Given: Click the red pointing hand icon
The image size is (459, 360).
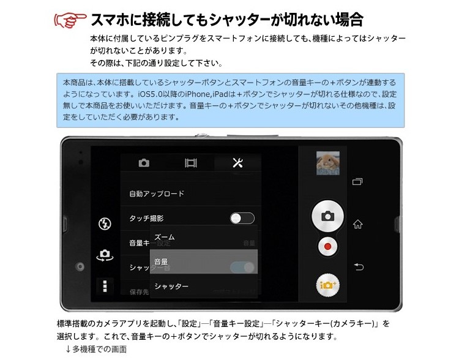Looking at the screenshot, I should tap(70, 20).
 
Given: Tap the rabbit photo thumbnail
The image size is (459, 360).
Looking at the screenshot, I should tap(327, 163).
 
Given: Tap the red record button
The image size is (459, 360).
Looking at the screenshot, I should tap(328, 247).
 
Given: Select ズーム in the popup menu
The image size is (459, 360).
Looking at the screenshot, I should tap(165, 237).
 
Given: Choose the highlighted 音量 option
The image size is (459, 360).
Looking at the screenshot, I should tap(162, 261).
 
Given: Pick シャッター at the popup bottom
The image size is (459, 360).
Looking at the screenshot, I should tap(171, 286).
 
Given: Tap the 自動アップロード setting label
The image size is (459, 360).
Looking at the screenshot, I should tap(157, 193).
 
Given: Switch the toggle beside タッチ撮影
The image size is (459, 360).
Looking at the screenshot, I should tap(242, 218).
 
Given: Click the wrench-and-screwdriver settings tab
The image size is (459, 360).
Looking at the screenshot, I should tap(238, 162).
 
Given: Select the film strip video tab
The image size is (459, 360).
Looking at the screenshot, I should tap(191, 163).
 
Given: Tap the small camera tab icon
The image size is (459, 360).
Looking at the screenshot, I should tap(144, 163).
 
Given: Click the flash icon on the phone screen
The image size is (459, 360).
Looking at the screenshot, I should tap(105, 224).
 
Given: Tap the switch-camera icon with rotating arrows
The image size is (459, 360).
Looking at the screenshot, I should tap(105, 256).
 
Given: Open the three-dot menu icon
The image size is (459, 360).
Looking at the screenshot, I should tap(105, 286).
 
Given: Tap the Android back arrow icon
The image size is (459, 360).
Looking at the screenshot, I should tap(359, 266).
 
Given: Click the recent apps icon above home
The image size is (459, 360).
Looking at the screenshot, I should tap(358, 181).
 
